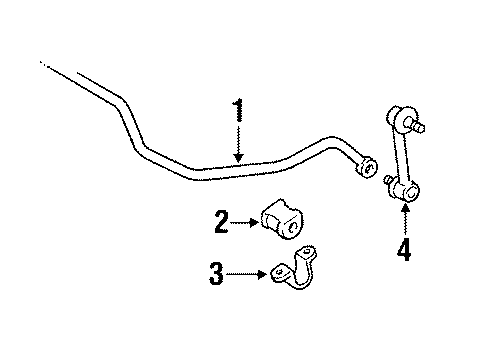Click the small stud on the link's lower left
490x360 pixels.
click(x=388, y=180)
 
